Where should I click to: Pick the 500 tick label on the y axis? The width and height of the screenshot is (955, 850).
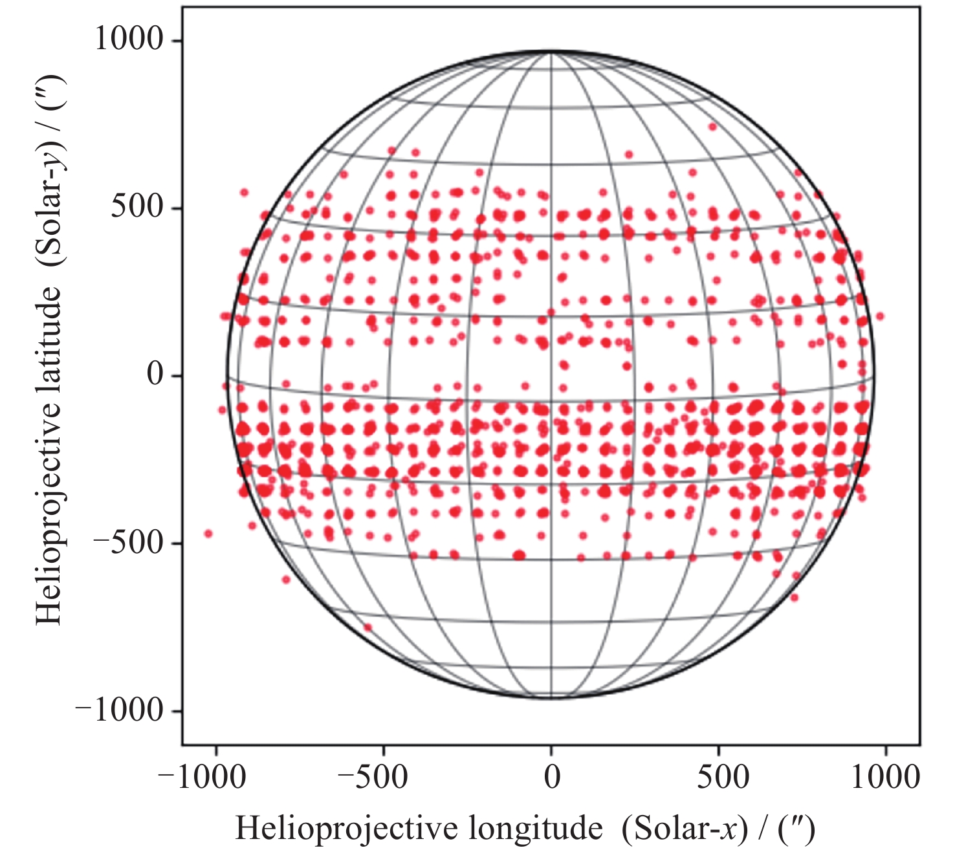137,208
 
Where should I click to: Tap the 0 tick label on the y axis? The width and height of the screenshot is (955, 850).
155,375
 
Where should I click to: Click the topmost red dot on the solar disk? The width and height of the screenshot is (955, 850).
713,126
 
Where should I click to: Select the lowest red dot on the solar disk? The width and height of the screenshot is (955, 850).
368,627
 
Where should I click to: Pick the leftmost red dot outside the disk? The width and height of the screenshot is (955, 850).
208,534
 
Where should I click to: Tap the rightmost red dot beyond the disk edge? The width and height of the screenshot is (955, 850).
880,316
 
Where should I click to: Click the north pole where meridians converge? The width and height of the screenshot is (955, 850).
551,52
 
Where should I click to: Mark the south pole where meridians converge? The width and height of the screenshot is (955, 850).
551,698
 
